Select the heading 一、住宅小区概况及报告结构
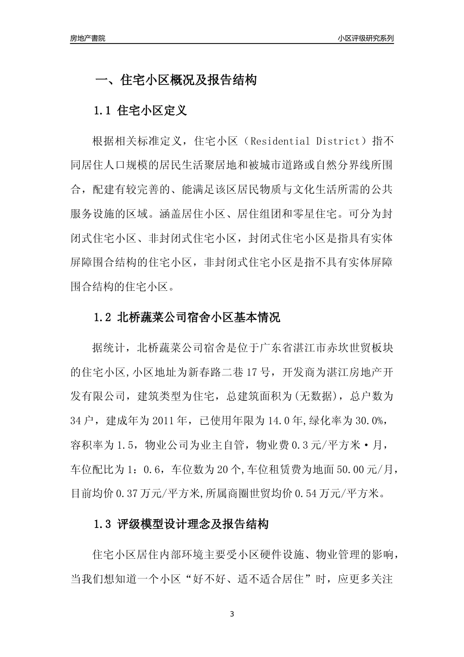(175, 80)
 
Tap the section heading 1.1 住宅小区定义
(140, 110)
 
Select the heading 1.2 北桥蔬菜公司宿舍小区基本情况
(187, 318)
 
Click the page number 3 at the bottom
(232, 614)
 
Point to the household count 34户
(83, 420)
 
